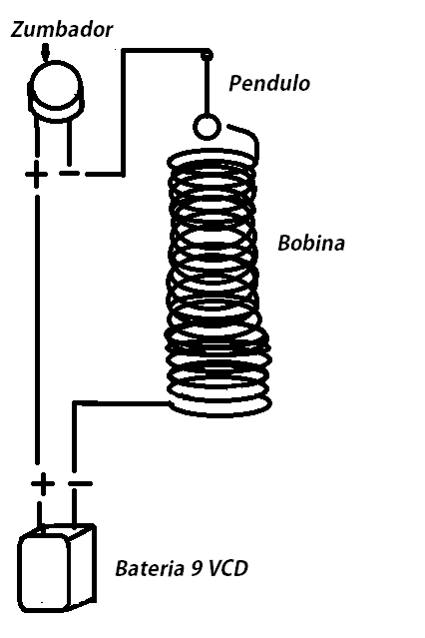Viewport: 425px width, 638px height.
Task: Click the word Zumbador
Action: pyautogui.click(x=62, y=30)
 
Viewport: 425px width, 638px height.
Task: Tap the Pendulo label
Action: pyautogui.click(x=269, y=83)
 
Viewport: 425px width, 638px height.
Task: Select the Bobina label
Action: pyautogui.click(x=311, y=243)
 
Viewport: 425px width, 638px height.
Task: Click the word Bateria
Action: pyautogui.click(x=148, y=568)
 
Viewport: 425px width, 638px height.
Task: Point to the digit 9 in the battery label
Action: pyautogui.click(x=196, y=568)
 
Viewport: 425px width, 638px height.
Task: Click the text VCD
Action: pyautogui.click(x=227, y=568)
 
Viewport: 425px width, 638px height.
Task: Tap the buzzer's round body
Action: pyautogui.click(x=55, y=91)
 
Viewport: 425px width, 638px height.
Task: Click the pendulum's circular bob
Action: pyautogui.click(x=207, y=127)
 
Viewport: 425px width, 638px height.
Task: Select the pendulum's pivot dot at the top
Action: pyautogui.click(x=208, y=55)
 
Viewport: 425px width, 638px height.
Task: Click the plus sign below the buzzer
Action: pyautogui.click(x=36, y=175)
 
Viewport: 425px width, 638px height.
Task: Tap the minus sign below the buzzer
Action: pyautogui.click(x=69, y=174)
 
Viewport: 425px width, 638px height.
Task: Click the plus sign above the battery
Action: pyautogui.click(x=42, y=484)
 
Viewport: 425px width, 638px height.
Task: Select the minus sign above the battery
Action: pyautogui.click(x=80, y=483)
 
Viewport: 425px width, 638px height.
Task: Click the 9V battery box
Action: pyautogui.click(x=57, y=568)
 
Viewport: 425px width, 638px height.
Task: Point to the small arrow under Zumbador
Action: pyautogui.click(x=46, y=53)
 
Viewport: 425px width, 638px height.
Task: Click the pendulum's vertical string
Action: pyautogui.click(x=208, y=86)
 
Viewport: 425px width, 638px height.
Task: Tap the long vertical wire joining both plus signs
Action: pyautogui.click(x=38, y=329)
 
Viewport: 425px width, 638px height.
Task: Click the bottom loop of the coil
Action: pyautogui.click(x=219, y=414)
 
